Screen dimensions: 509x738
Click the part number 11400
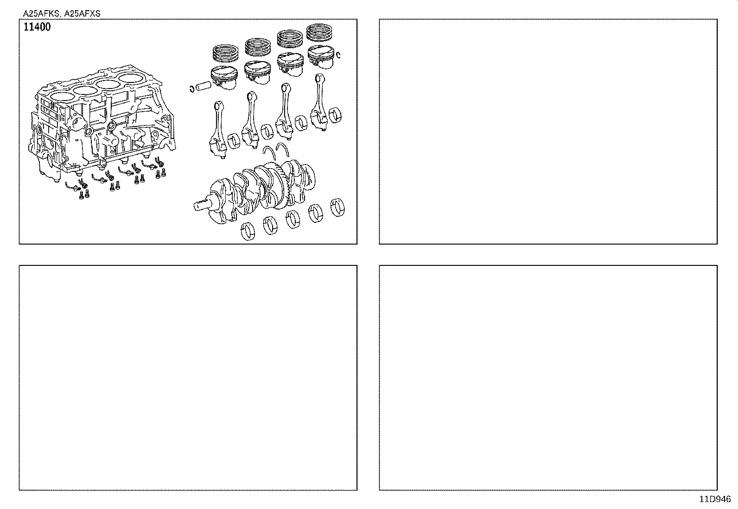tap(37, 27)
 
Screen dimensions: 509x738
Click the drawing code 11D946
tap(715, 499)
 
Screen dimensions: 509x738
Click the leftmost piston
tap(224, 77)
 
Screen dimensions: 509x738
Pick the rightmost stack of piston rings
tap(321, 32)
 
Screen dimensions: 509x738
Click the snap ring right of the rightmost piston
tap(339, 55)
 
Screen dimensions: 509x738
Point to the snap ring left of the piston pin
tap(191, 88)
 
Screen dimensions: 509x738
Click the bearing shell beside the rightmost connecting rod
tap(339, 116)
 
